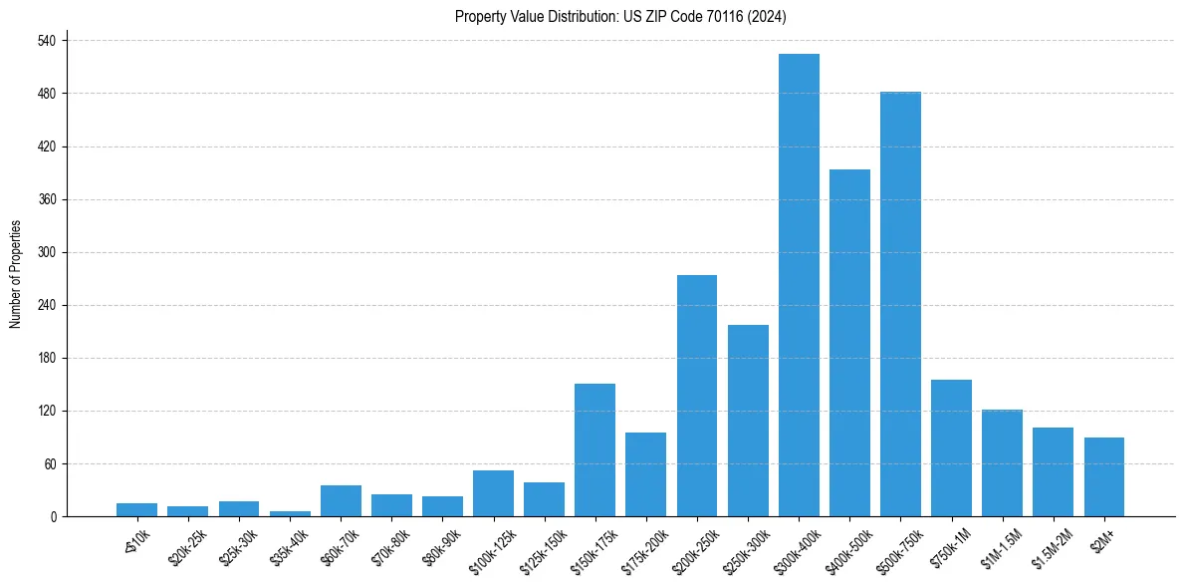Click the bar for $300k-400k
tap(799, 285)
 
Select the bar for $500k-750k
tap(900, 304)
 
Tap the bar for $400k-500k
tap(849, 343)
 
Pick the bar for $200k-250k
tap(697, 396)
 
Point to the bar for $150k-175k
tap(594, 449)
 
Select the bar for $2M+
tap(1104, 476)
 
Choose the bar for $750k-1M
tap(951, 447)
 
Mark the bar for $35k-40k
tap(289, 513)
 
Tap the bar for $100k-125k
tap(493, 493)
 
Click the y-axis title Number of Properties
tap(16, 274)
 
